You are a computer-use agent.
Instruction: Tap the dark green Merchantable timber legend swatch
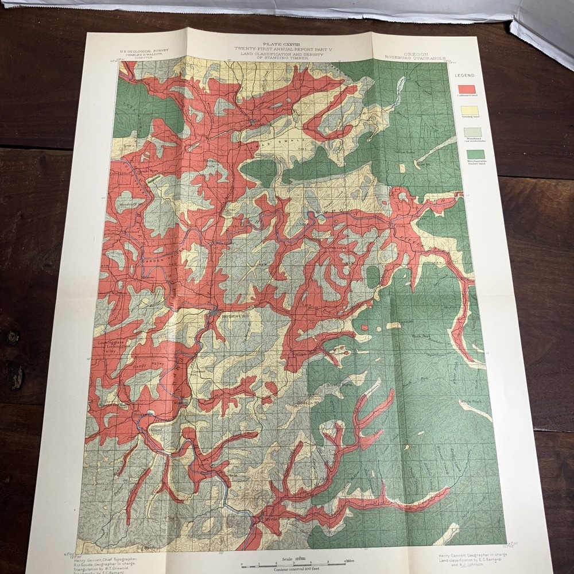point(475,154)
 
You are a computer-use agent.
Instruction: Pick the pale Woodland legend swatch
point(472,131)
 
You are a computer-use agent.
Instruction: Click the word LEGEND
point(464,76)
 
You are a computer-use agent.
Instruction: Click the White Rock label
point(470,402)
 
